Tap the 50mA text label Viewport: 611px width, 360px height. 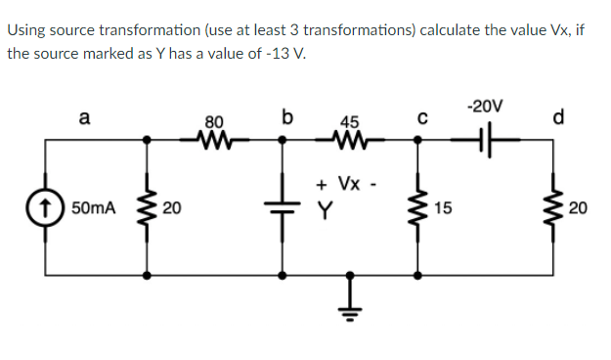click(x=93, y=208)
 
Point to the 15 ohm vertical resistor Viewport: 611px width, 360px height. click(x=418, y=208)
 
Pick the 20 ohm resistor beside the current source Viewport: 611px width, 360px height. click(x=149, y=208)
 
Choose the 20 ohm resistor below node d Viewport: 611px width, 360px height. click(x=559, y=208)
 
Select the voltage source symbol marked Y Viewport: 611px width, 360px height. click(x=284, y=208)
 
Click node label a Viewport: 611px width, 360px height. click(x=84, y=118)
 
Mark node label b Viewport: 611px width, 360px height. click(x=285, y=118)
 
